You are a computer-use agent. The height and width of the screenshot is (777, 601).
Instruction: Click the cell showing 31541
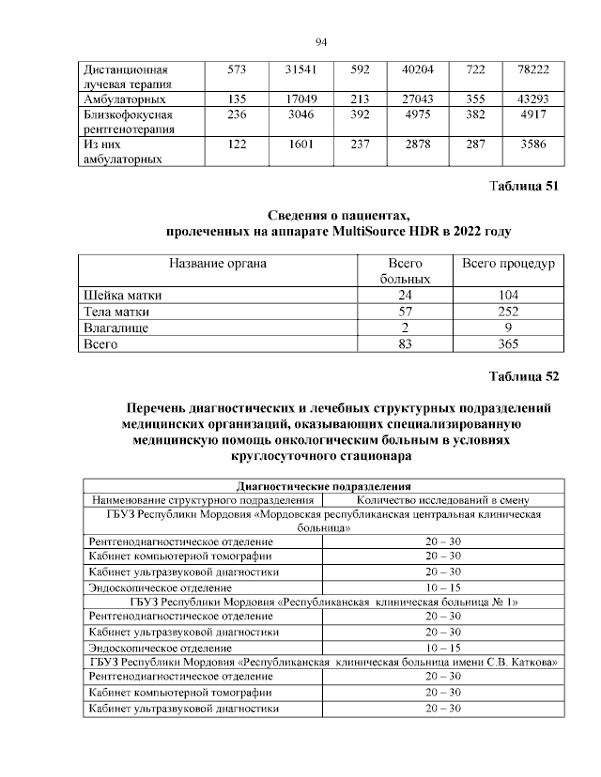[301, 69]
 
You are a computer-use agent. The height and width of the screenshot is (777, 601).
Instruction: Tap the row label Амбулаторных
[126, 99]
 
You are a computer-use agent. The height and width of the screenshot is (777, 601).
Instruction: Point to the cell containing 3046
[301, 115]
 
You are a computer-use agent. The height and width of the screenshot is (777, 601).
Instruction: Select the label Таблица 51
[524, 186]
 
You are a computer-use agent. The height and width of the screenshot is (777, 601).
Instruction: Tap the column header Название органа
[217, 264]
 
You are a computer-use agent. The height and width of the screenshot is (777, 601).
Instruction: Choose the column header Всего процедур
[509, 264]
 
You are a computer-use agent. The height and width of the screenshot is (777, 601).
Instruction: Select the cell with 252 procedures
[509, 312]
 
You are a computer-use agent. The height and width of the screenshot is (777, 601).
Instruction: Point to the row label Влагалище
[116, 328]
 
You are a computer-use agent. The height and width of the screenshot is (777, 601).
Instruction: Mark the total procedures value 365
[509, 345]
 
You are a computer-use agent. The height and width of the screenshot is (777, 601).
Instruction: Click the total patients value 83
[405, 345]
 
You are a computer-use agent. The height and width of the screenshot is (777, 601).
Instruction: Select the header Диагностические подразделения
[325, 487]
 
